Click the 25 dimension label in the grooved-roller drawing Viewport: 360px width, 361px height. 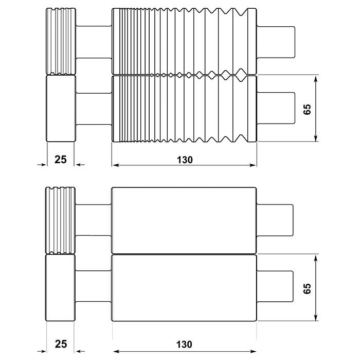click(x=61, y=160)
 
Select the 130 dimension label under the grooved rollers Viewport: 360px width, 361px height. click(x=184, y=160)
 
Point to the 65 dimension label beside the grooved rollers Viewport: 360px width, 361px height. click(x=307, y=109)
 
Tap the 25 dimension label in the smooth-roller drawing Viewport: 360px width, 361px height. click(x=61, y=344)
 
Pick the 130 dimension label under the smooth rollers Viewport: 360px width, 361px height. click(x=184, y=344)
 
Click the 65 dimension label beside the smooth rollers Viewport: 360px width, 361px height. click(x=307, y=287)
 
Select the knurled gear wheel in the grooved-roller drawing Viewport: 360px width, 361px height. click(x=61, y=41)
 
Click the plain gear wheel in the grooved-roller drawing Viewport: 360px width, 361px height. click(x=61, y=109)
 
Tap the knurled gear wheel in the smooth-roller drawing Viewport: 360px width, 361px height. click(x=61, y=220)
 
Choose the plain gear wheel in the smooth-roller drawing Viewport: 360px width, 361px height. click(x=61, y=288)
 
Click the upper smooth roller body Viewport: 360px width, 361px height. click(x=184, y=220)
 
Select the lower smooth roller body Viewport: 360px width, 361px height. click(x=184, y=288)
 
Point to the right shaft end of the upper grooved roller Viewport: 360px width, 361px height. click(x=276, y=41)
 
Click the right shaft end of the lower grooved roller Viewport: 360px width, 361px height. click(x=276, y=109)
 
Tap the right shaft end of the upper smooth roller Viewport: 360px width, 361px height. click(x=275, y=220)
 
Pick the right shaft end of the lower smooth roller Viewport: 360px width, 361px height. click(x=275, y=288)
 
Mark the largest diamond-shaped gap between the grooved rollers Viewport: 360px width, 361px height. click(x=240, y=76)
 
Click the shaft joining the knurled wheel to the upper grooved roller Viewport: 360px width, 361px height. click(x=94, y=41)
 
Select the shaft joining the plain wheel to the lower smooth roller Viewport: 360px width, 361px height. click(x=94, y=288)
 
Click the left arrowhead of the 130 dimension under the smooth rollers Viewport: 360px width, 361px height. click(x=115, y=352)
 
